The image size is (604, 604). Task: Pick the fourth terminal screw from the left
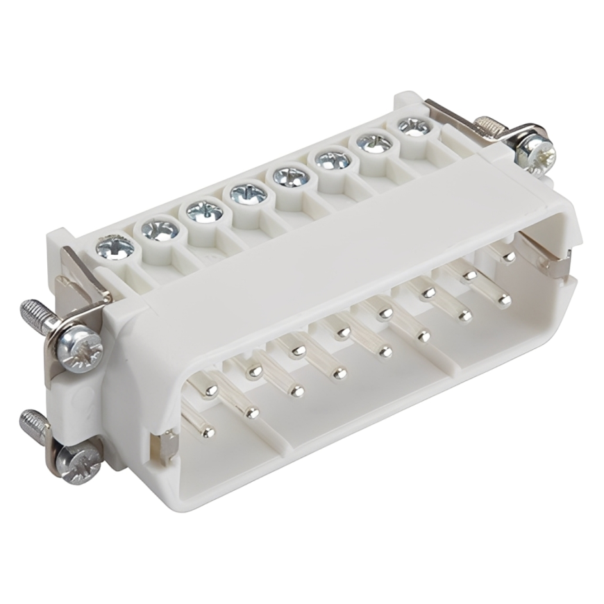point(248,192)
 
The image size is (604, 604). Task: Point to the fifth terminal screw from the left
point(291,176)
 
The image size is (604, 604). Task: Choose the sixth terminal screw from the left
point(333,160)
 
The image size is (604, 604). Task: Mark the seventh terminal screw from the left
point(374,144)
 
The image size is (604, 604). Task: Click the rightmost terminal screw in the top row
point(415,128)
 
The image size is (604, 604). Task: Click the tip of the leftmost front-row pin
point(207,433)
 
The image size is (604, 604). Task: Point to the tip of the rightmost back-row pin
point(509,257)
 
